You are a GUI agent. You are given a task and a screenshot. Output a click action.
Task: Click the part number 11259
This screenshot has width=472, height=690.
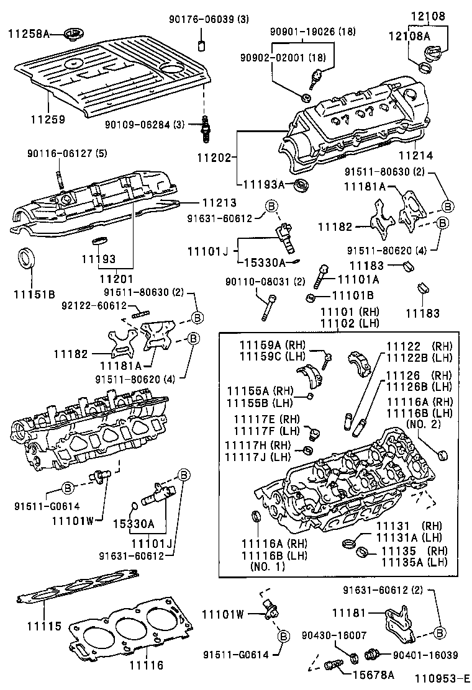[x=48, y=119]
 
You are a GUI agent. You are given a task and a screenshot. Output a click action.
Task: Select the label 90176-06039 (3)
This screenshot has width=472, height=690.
[x=209, y=19]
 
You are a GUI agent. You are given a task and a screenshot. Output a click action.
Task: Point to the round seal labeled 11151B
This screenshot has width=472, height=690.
[x=25, y=259]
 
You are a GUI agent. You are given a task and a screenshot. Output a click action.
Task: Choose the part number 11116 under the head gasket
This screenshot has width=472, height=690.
[x=146, y=665]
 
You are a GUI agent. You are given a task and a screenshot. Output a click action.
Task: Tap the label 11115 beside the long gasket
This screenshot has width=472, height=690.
[x=44, y=625]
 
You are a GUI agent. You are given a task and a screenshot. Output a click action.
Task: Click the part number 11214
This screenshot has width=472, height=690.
[x=415, y=155]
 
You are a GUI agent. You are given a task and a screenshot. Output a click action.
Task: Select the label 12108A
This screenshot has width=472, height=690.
[x=409, y=35]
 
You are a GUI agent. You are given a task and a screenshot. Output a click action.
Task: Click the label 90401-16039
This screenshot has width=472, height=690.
[x=425, y=655]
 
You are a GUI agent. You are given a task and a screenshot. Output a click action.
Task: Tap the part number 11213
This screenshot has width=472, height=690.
[x=219, y=202]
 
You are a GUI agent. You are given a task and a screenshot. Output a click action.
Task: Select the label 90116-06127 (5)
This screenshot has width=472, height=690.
[x=67, y=153]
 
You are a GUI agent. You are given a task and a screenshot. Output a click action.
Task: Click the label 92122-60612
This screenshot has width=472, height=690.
[x=94, y=305]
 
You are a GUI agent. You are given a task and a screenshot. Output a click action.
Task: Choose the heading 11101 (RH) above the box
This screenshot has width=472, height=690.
[x=350, y=311]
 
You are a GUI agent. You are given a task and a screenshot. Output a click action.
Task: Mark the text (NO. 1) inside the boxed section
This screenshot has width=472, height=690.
[x=268, y=567]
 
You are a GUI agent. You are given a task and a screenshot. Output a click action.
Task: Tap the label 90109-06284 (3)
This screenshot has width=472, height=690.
[x=145, y=125]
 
